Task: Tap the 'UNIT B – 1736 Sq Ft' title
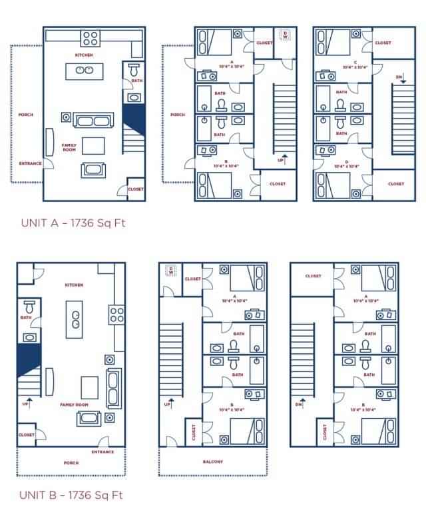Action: click(x=71, y=495)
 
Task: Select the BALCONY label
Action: click(x=212, y=461)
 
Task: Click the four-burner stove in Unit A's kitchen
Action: click(x=91, y=38)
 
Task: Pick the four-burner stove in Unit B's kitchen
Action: click(x=118, y=313)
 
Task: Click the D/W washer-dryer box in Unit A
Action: click(x=285, y=35)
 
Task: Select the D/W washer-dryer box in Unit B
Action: click(x=171, y=270)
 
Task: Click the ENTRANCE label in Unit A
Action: click(x=30, y=163)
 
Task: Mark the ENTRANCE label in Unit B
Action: click(x=103, y=451)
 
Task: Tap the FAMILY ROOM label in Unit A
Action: click(x=69, y=147)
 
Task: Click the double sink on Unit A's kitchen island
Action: click(x=84, y=69)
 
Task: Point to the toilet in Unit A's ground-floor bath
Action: click(x=133, y=69)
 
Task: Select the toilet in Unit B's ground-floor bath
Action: click(x=28, y=307)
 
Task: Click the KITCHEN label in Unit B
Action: click(x=74, y=285)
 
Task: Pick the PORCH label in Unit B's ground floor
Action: click(x=71, y=463)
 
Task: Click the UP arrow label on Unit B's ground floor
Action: click(x=26, y=402)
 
